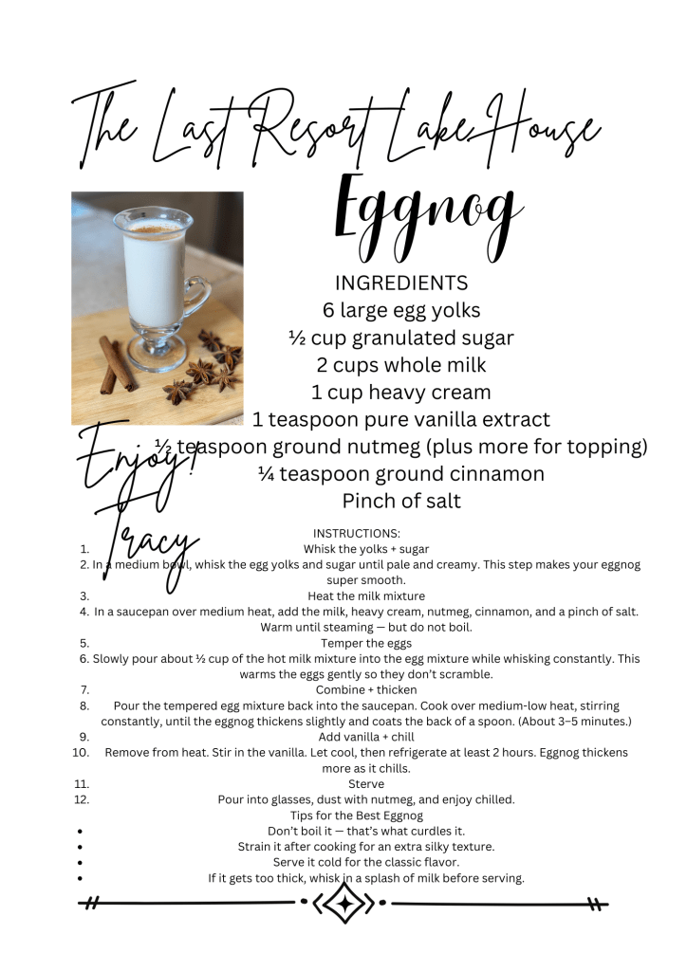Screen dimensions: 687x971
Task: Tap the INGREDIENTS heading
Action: pos(401,283)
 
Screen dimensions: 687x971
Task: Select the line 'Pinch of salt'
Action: pos(401,501)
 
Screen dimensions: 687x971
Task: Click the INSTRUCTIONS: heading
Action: pos(357,533)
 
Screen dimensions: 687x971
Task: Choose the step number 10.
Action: pos(81,752)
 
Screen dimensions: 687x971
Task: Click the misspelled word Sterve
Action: pos(366,784)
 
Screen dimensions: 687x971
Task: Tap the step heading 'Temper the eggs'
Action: pos(366,643)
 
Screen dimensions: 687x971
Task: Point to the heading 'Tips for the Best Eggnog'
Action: pos(357,815)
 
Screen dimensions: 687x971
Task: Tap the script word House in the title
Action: pos(540,131)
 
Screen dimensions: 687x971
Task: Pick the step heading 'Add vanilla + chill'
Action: pos(366,737)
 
